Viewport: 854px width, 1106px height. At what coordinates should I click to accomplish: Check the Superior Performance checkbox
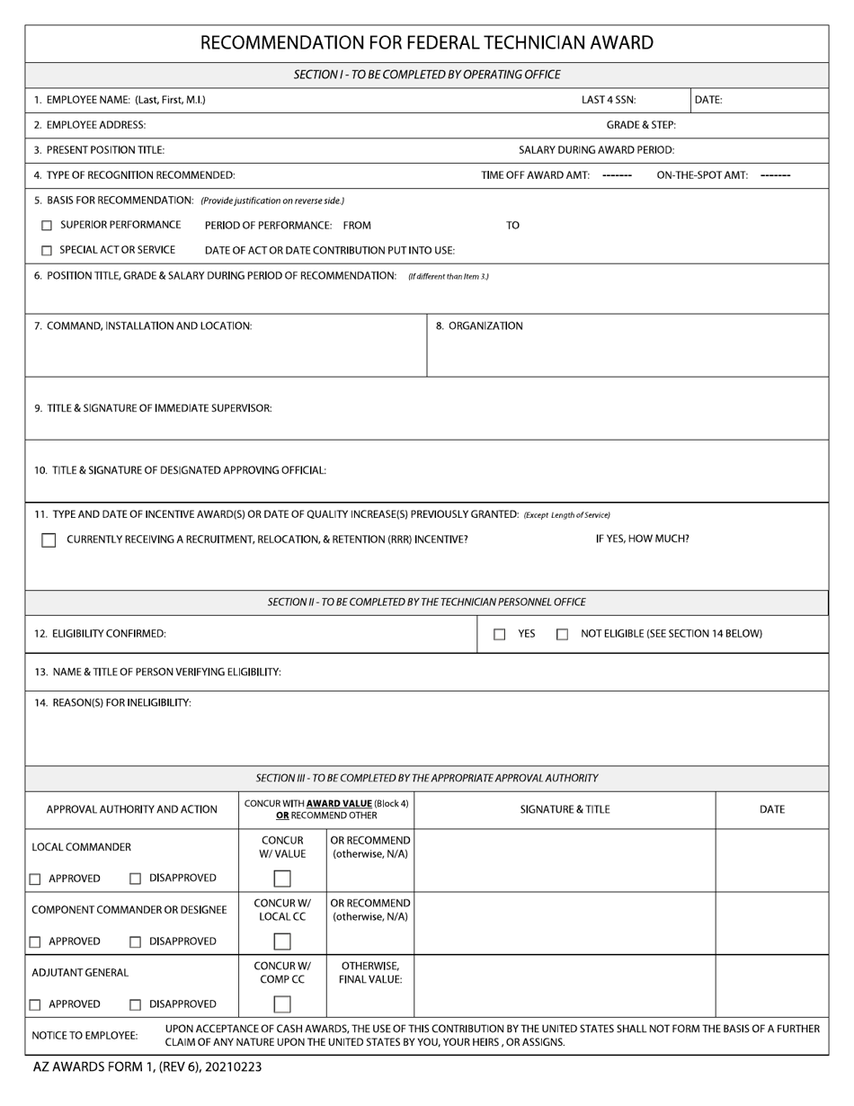47,226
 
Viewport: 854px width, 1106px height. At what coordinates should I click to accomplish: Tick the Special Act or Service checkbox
47,251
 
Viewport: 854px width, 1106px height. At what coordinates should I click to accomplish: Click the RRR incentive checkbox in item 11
49,540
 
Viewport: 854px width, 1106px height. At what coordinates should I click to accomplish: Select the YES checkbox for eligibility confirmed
500,635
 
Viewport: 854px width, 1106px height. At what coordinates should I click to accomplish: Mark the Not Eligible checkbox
563,635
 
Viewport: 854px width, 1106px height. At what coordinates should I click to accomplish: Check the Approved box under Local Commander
35,879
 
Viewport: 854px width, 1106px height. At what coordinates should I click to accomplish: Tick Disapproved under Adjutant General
136,1005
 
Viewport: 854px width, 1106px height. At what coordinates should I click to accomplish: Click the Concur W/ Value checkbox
282,879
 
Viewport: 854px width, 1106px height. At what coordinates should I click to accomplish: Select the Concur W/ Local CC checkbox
282,941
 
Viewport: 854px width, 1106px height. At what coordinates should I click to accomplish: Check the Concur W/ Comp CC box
282,1004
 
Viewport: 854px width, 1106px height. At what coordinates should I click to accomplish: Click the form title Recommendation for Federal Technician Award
426,42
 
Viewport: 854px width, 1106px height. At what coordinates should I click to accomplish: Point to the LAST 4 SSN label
609,100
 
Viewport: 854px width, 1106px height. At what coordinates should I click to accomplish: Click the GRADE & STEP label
641,125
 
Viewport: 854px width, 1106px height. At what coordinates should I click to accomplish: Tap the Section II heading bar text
426,602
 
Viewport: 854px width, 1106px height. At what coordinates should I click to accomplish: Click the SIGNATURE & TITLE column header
565,809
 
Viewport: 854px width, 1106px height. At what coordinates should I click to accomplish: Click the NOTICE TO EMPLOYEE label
85,1036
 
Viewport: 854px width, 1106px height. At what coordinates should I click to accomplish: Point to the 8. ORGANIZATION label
479,326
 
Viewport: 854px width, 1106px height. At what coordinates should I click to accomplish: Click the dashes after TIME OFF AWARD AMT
617,175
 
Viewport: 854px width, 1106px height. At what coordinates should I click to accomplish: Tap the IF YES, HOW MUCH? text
642,540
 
